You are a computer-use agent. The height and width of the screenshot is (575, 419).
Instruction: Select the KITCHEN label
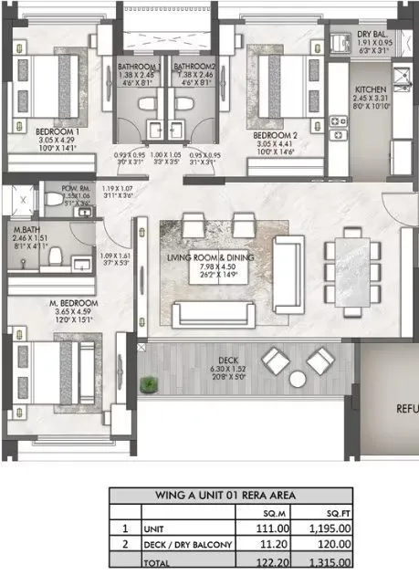pyautogui.click(x=346, y=89)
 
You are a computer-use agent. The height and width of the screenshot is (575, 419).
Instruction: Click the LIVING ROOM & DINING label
pyautogui.click(x=215, y=258)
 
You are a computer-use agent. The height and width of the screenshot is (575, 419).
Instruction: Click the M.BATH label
pyautogui.click(x=25, y=231)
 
